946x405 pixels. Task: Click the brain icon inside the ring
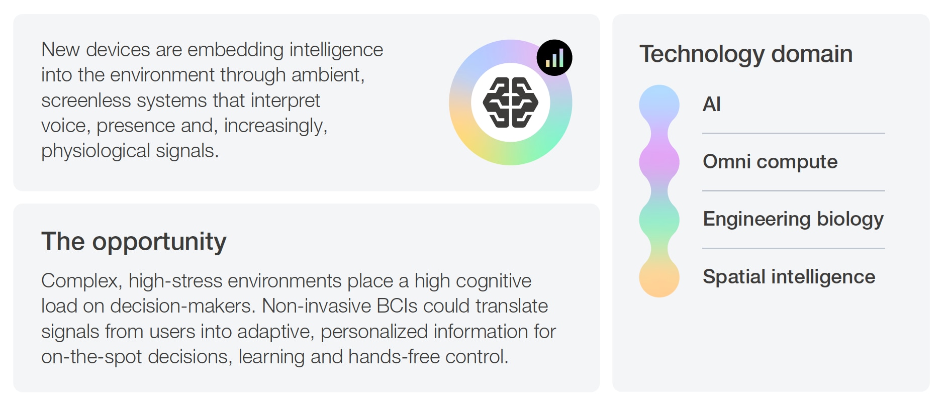coord(510,103)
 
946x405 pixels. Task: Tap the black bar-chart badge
coord(554,58)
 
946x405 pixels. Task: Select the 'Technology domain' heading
coord(746,54)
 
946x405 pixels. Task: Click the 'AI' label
coord(711,104)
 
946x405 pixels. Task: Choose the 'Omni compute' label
coord(770,162)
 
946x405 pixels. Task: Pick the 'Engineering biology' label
coord(793,219)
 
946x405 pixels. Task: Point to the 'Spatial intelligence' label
coord(789,277)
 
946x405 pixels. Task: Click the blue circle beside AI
coord(659,105)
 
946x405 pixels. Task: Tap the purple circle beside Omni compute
coord(659,162)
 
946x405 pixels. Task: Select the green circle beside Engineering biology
coord(659,220)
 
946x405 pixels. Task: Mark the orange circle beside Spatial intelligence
coord(659,277)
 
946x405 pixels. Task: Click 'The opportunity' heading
coord(134,242)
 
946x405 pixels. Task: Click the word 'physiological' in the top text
coord(96,151)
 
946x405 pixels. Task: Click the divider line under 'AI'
coord(794,134)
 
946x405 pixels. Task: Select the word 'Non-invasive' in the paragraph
coord(316,306)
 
